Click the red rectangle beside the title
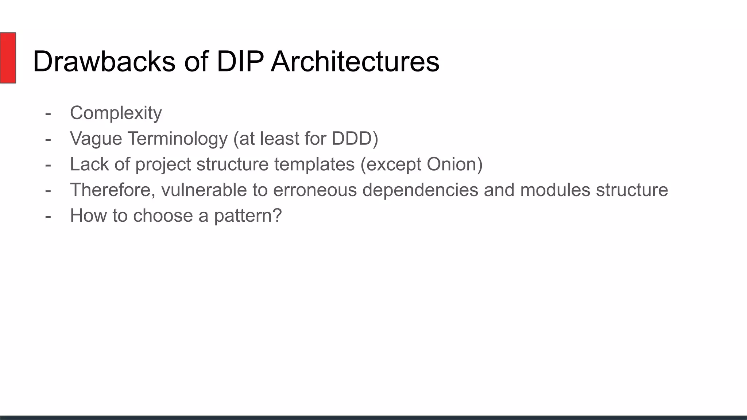pyautogui.click(x=8, y=58)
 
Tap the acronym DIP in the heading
pyautogui.click(x=240, y=61)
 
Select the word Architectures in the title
pyautogui.click(x=355, y=61)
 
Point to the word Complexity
pyautogui.click(x=116, y=113)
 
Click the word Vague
pyautogui.click(x=96, y=139)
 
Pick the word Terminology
pyautogui.click(x=177, y=139)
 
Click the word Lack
pyautogui.click(x=89, y=164)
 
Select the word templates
pyautogui.click(x=314, y=164)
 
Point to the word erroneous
pyautogui.click(x=314, y=190)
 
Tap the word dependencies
pyautogui.click(x=420, y=190)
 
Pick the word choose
pyautogui.click(x=163, y=215)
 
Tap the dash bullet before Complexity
pyautogui.click(x=48, y=113)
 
